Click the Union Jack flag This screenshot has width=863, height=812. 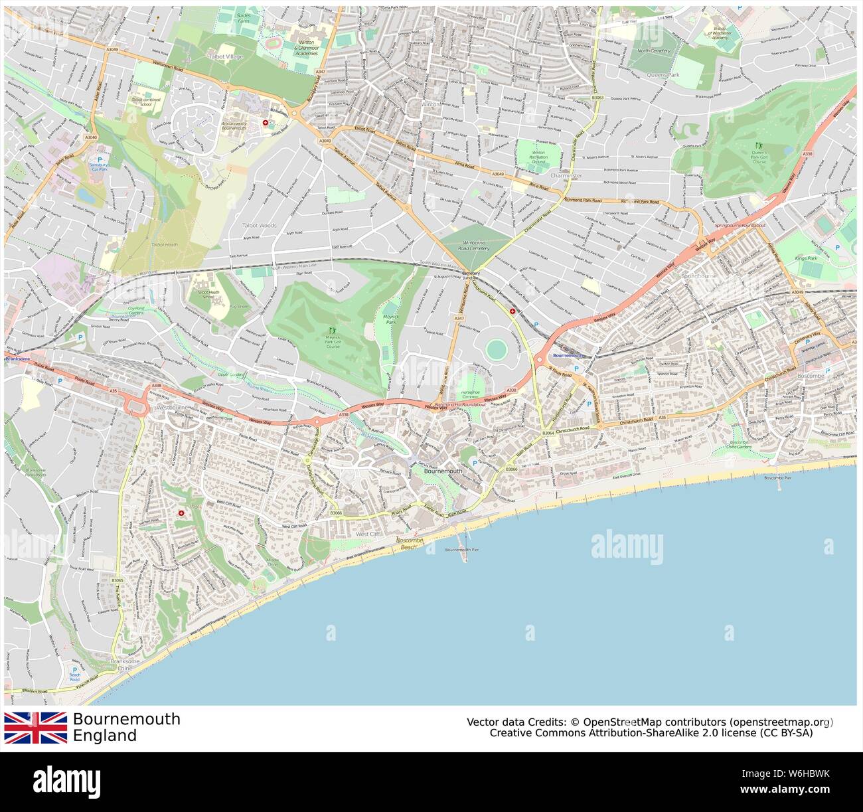point(36,728)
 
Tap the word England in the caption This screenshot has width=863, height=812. point(105,736)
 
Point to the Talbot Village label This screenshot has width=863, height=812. point(223,57)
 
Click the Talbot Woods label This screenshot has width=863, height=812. point(259,226)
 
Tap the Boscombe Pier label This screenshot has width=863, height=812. point(779,478)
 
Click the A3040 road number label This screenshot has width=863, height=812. point(91,137)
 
